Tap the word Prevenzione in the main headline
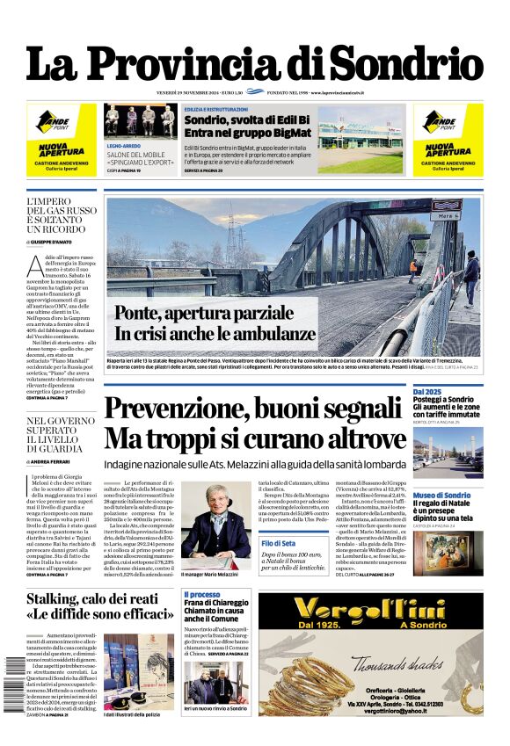186,410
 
